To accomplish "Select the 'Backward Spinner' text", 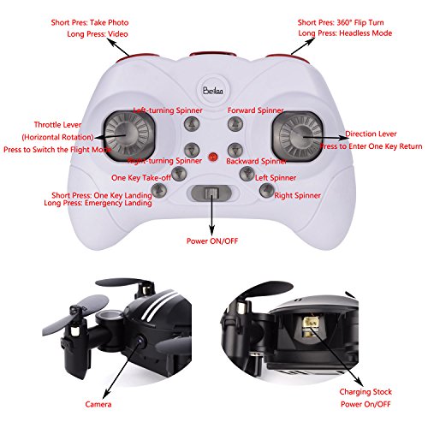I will click(x=257, y=161).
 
